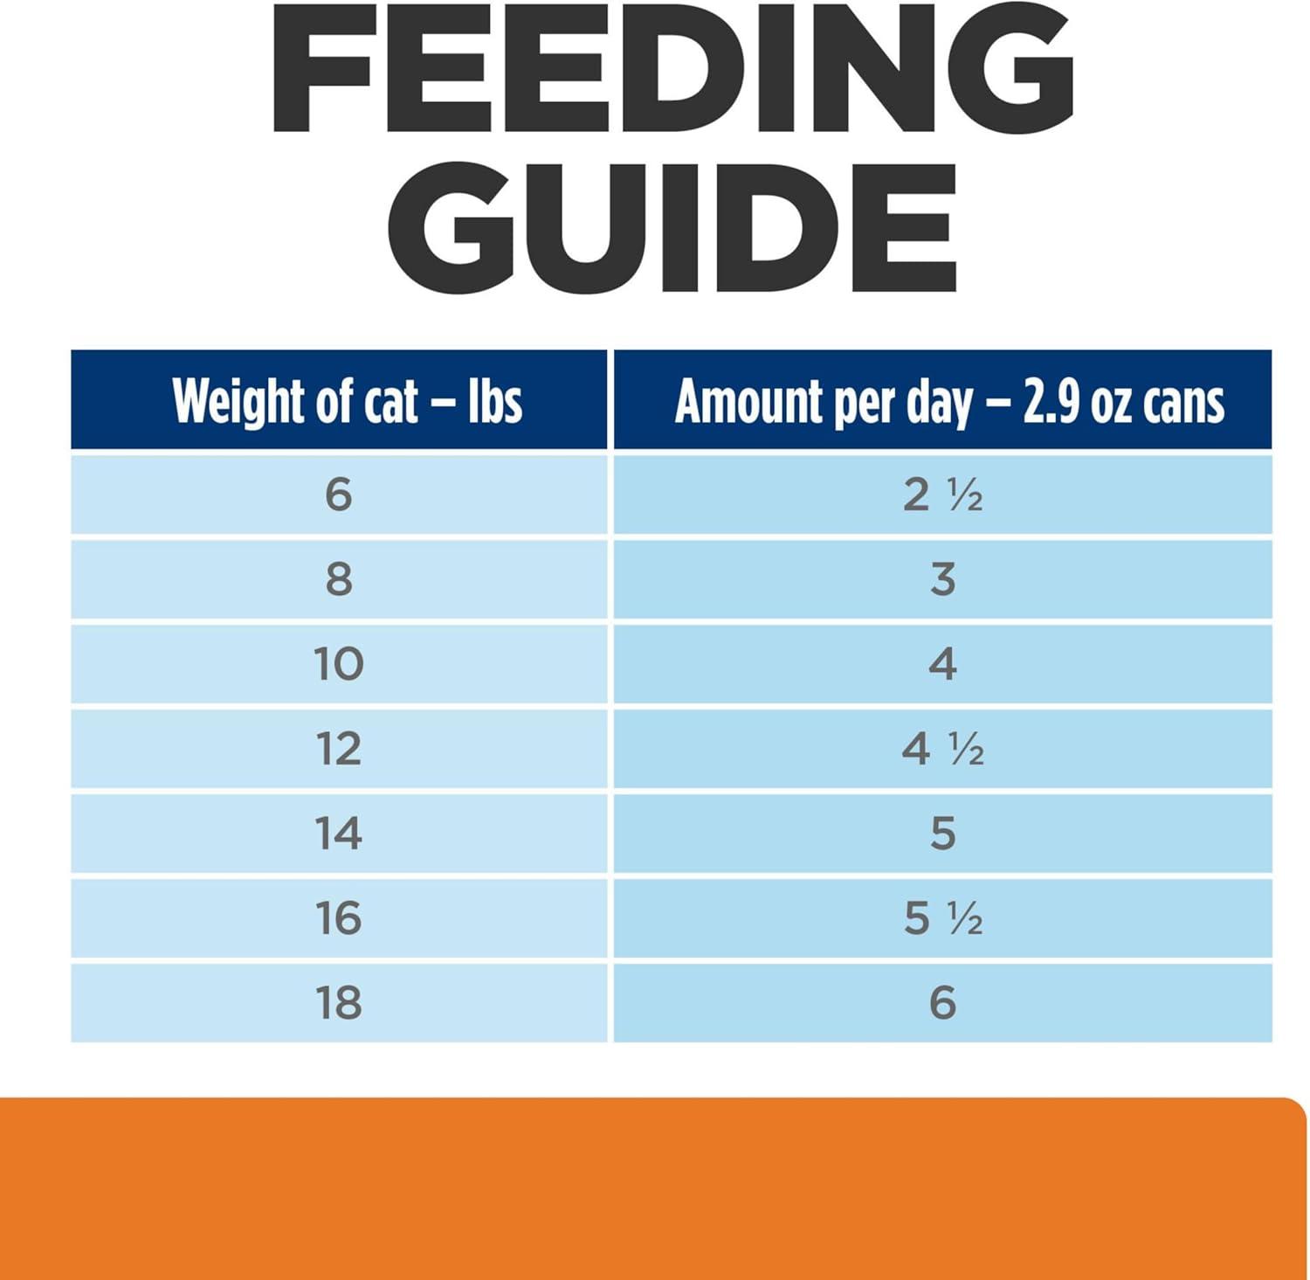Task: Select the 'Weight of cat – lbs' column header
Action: (347, 401)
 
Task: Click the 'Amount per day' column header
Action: (948, 402)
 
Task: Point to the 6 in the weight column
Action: (338, 495)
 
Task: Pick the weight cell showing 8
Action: (338, 579)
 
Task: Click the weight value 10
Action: (338, 664)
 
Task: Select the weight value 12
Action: (338, 749)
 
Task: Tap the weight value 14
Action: (338, 834)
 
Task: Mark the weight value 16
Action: (338, 918)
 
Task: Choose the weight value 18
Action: (338, 1002)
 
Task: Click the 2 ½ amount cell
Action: (942, 495)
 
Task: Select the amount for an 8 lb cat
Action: (942, 579)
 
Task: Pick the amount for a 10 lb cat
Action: (942, 664)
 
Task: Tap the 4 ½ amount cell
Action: (942, 749)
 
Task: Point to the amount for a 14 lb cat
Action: (942, 834)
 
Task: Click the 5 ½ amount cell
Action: (942, 918)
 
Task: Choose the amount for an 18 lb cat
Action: (942, 1002)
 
